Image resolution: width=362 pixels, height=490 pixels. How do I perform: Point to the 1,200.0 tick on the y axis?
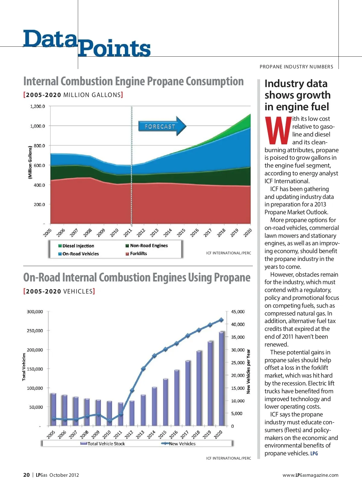(x=37, y=106)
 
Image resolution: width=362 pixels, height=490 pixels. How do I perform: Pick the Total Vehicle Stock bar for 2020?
(x=221, y=378)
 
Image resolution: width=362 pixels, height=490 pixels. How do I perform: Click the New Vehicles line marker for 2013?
(x=143, y=369)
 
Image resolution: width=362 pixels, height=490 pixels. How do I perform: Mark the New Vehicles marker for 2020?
(x=221, y=320)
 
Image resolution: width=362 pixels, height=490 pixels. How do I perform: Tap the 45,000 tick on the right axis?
(x=238, y=312)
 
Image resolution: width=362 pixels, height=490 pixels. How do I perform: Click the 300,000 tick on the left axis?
(x=35, y=312)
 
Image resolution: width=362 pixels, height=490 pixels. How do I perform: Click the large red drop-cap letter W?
(x=278, y=130)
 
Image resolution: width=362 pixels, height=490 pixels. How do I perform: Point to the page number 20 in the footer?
(x=27, y=475)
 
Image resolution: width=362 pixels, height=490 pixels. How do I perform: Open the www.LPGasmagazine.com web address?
(x=310, y=475)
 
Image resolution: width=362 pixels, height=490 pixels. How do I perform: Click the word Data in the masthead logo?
(x=50, y=39)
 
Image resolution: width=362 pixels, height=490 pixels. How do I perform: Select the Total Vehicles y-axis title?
(x=24, y=367)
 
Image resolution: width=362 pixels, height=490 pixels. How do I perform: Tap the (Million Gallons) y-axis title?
(x=30, y=162)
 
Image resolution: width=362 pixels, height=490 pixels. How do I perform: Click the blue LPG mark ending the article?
(x=314, y=454)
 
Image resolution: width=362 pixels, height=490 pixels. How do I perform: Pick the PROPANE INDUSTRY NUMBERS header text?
(x=296, y=67)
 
